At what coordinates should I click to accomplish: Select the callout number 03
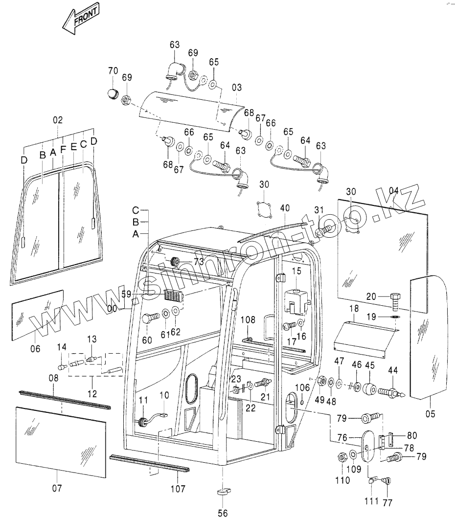pos(237,88)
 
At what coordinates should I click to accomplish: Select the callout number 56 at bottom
pos(223,513)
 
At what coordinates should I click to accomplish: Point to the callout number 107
pos(178,488)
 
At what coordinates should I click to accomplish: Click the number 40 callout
pos(285,208)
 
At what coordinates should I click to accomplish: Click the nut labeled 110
pos(343,457)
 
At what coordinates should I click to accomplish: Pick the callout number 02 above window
pos(58,119)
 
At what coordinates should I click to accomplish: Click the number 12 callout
pos(92,393)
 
